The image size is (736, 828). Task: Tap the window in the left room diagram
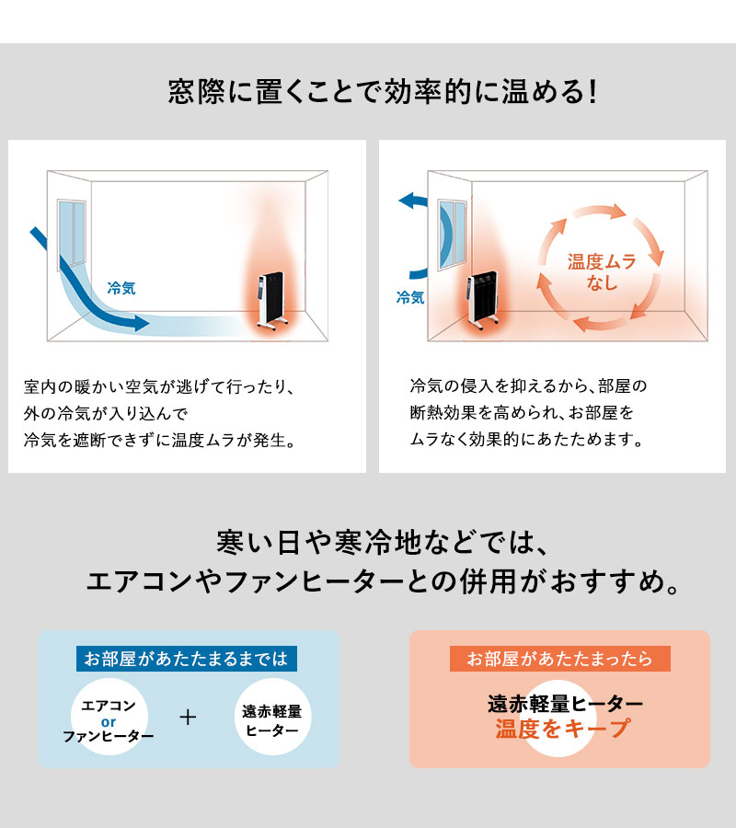click(x=73, y=234)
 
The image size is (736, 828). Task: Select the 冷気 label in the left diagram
click(x=121, y=288)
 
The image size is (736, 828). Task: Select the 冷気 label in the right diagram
click(x=410, y=297)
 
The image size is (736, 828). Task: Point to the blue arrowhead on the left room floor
click(x=138, y=323)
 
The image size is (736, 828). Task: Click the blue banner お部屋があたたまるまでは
click(x=187, y=659)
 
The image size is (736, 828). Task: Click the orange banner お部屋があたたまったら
click(x=559, y=659)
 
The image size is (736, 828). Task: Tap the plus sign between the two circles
click(x=189, y=717)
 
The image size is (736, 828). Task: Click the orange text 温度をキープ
click(x=563, y=729)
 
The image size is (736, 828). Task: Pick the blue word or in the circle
click(x=108, y=720)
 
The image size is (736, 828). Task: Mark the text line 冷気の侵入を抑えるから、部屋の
click(x=529, y=385)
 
